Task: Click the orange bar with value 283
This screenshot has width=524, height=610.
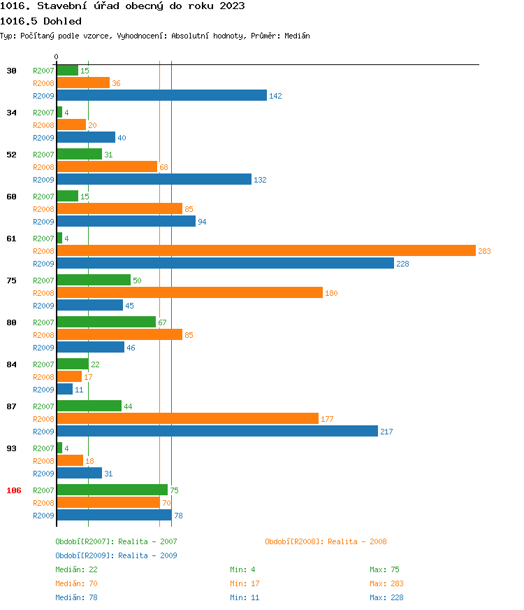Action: pyautogui.click(x=265, y=250)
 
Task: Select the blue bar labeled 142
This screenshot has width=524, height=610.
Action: pyautogui.click(x=161, y=95)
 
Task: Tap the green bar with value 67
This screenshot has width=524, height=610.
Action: pyautogui.click(x=106, y=322)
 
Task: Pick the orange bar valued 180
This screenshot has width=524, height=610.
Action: pyautogui.click(x=189, y=292)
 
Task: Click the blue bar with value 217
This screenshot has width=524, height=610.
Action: pyautogui.click(x=217, y=431)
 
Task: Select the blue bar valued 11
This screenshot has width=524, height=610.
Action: pyautogui.click(x=64, y=389)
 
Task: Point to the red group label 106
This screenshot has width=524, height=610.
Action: pyautogui.click(x=14, y=490)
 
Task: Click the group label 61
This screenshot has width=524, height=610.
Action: pyautogui.click(x=11, y=239)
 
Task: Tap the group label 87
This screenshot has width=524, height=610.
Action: pyautogui.click(x=11, y=406)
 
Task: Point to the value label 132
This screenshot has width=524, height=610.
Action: pyautogui.click(x=260, y=180)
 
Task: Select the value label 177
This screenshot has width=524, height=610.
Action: pyautogui.click(x=327, y=419)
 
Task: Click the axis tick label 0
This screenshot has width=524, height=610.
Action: pyautogui.click(x=57, y=57)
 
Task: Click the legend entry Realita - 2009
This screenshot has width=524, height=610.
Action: pyautogui.click(x=116, y=555)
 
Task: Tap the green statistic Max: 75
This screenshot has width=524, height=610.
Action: pyautogui.click(x=384, y=569)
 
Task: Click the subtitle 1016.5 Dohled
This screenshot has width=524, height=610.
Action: pyautogui.click(x=41, y=21)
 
